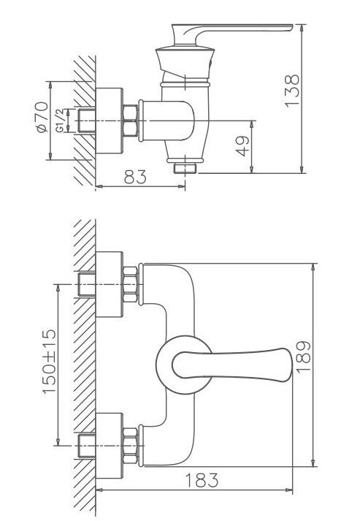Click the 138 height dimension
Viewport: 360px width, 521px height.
point(292,91)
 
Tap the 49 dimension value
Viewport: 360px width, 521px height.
point(242,146)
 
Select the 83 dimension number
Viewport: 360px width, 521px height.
point(135,177)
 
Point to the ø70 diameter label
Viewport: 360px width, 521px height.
point(42,117)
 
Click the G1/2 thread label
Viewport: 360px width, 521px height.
point(60,121)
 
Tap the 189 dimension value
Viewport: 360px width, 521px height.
point(303,357)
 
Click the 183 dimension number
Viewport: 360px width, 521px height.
point(202,480)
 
